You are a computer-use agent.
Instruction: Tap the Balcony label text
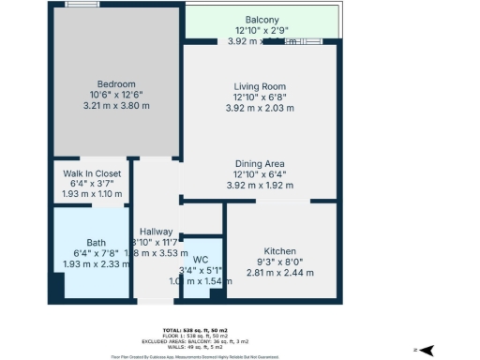262,20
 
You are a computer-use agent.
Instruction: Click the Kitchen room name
280,251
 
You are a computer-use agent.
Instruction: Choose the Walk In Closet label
92,173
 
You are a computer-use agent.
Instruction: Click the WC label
199,260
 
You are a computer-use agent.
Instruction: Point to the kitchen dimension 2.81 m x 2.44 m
280,274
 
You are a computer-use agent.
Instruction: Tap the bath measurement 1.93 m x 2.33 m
92,264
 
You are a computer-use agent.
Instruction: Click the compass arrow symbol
425,350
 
